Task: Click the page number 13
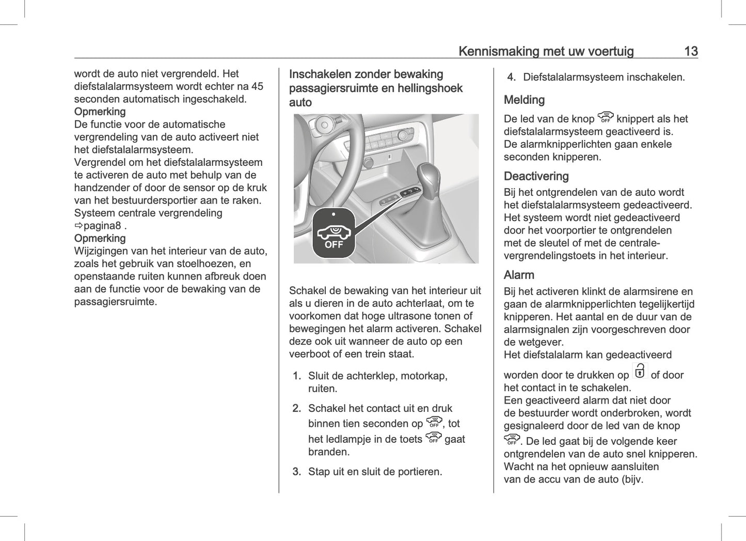coord(691,51)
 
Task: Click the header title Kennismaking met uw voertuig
coord(546,51)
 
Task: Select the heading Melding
coord(524,100)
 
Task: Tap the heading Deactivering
coord(536,176)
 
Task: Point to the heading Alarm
coord(519,275)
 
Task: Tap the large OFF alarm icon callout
coord(334,233)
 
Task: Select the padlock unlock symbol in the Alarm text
coord(640,371)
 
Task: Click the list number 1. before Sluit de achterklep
coord(297,376)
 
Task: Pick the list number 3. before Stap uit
coord(297,471)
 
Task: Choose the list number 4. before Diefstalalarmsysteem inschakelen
coord(511,77)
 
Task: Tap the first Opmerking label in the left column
coord(100,112)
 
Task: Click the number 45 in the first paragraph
coord(257,86)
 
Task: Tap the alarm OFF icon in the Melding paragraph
coord(605,117)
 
